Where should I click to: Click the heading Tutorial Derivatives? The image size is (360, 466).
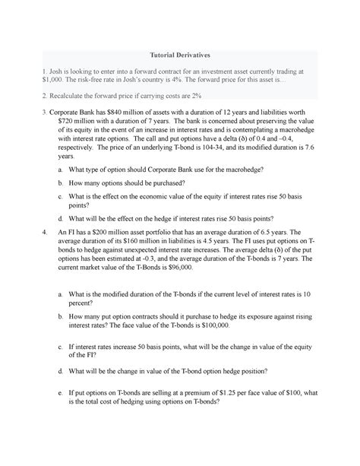179,54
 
